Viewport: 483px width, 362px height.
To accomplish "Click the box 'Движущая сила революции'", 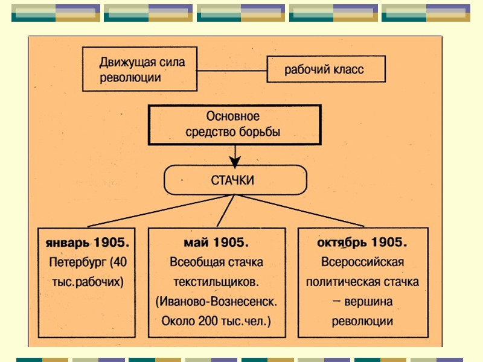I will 141,70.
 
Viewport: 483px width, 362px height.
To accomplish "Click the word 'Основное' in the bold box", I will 233,116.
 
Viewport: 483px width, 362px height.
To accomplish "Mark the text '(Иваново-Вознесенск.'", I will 216,301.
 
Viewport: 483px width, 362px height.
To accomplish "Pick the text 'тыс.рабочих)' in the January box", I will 88,282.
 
